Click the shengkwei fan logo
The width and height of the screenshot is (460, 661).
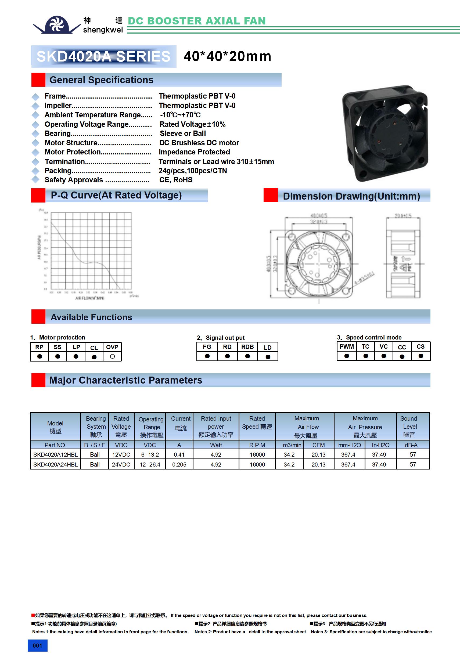coord(57,25)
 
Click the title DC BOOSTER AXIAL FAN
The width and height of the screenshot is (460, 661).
coord(196,21)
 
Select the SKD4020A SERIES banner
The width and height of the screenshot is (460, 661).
coord(104,56)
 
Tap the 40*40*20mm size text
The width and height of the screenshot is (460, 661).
coord(227,56)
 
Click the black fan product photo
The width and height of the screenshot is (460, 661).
coord(385,133)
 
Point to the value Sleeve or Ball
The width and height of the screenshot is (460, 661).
coord(183,133)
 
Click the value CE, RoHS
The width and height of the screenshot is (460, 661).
coord(176,180)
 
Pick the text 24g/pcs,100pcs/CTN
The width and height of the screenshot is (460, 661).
coord(192,171)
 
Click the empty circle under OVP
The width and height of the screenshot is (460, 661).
coord(112,356)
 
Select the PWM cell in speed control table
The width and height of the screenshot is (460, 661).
coord(347,347)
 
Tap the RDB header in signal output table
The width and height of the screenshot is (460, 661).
coord(247,347)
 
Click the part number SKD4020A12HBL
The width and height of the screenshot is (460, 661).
coord(55,454)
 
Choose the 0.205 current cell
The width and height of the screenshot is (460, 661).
coord(179,464)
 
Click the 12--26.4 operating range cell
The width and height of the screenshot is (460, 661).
coord(150,464)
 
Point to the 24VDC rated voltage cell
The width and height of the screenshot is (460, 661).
coord(121,464)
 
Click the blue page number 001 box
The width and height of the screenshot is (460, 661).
coord(37,645)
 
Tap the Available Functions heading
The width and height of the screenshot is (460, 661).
coord(91,317)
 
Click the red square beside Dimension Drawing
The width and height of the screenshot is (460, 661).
coord(271,195)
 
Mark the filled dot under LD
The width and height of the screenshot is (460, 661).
coord(268,357)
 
